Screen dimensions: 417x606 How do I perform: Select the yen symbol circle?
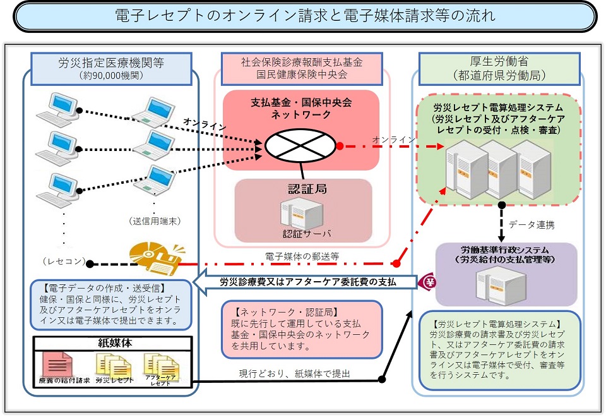pos(427,282)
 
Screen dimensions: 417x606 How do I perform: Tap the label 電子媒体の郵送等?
pos(303,257)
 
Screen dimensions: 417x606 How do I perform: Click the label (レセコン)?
pos(61,261)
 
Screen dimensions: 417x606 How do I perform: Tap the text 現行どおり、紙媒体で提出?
pos(294,373)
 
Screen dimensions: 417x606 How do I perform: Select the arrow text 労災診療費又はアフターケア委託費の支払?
pos(307,282)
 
